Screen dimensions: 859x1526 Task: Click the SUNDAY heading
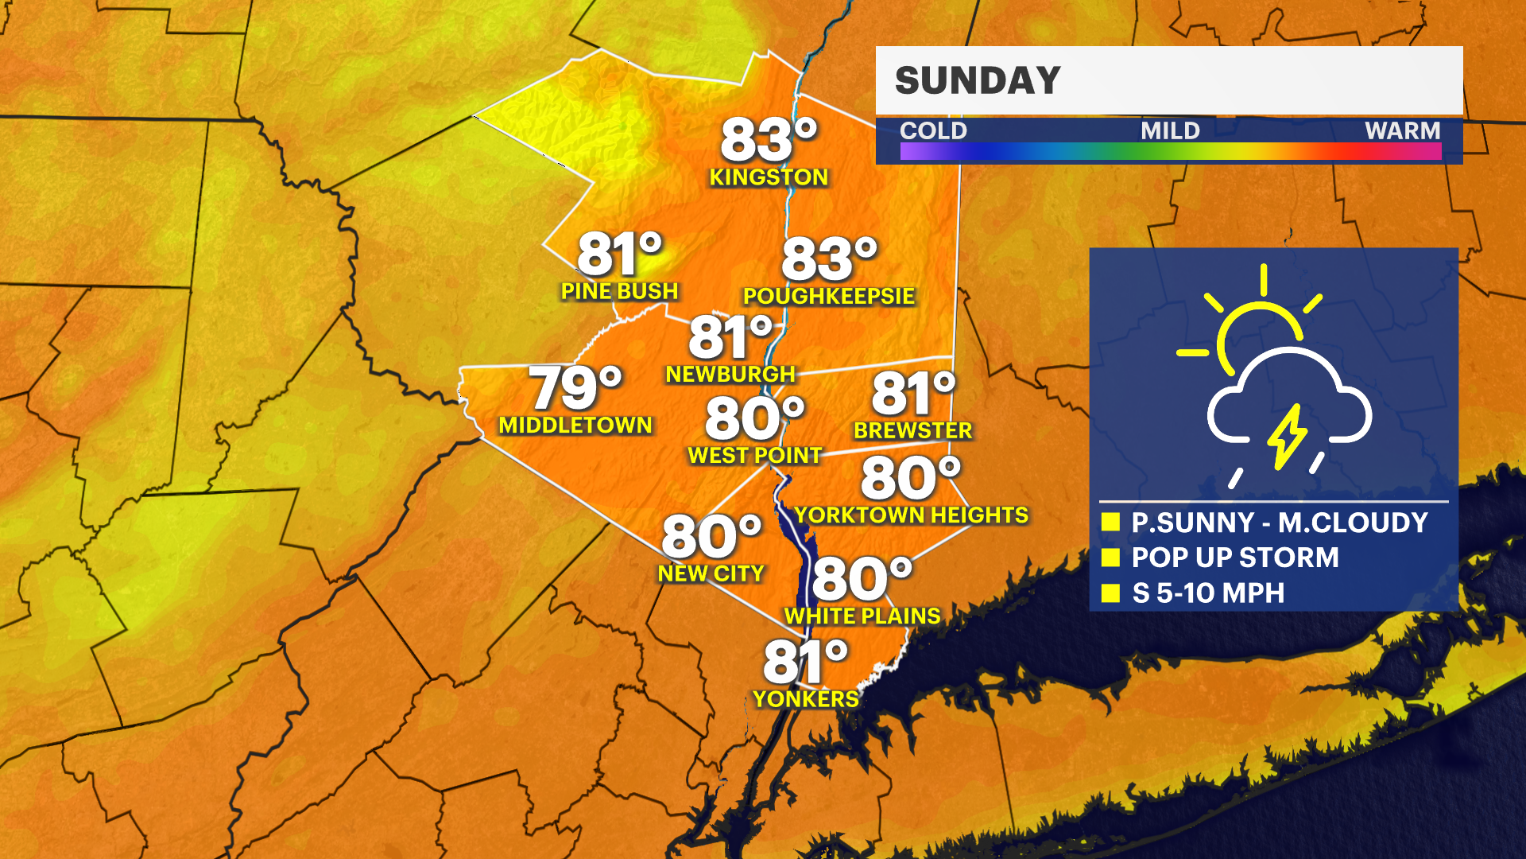[978, 80]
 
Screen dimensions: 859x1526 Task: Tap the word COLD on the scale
[933, 130]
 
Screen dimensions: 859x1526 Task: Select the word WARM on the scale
[1402, 130]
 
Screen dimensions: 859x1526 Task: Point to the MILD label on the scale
[1170, 130]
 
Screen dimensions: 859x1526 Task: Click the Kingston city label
[769, 177]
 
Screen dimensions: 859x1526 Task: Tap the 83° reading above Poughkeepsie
[829, 259]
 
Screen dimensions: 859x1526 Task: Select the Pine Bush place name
[620, 292]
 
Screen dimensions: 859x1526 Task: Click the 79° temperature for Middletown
[575, 388]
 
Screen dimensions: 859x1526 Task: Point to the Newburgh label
[730, 374]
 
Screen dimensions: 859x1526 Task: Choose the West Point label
[754, 456]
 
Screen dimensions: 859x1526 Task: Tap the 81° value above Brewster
[913, 394]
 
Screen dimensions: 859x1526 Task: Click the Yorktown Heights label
[912, 515]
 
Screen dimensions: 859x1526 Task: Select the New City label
[711, 573]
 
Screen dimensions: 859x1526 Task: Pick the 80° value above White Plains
[862, 578]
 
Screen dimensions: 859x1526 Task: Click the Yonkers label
[806, 699]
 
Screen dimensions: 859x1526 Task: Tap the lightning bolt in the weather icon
[1286, 436]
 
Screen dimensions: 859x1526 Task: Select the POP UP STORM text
[1235, 558]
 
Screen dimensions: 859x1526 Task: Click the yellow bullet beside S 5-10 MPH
[1110, 593]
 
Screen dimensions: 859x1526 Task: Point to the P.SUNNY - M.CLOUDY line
[1280, 523]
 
